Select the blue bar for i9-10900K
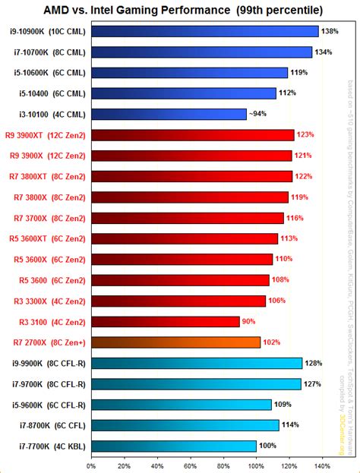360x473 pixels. (x=204, y=32)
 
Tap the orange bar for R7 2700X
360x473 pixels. (x=175, y=342)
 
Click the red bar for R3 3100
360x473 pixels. (x=165, y=322)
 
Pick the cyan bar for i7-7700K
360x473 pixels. (x=173, y=446)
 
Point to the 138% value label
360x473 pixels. (x=329, y=32)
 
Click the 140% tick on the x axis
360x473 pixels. (x=321, y=465)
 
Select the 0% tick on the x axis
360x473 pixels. (x=91, y=465)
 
